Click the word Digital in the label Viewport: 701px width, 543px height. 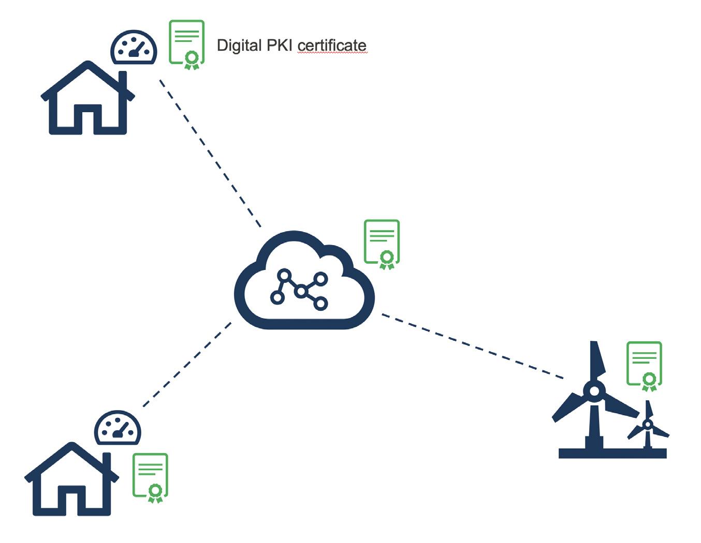tap(239, 46)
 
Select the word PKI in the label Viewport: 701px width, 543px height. tap(279, 46)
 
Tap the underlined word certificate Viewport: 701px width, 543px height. tap(332, 46)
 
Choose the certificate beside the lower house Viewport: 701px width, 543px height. tap(150, 477)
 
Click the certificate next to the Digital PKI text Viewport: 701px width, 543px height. tap(187, 44)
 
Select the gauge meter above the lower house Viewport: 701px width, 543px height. tap(118, 428)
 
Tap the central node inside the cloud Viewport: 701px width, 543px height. tap(301, 292)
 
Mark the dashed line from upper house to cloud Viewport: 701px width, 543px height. tap(210, 153)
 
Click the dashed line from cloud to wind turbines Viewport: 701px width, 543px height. tap(472, 346)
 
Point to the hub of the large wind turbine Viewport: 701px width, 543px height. tap(594, 391)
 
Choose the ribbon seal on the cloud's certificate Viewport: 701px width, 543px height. tap(386, 259)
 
